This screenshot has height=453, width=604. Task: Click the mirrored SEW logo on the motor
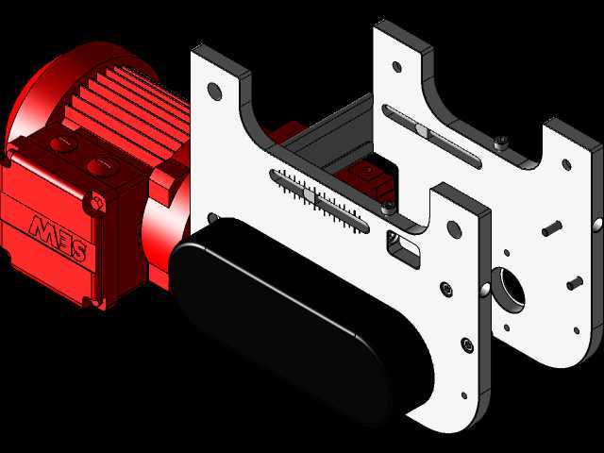click(x=59, y=237)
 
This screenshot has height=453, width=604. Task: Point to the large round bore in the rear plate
click(x=509, y=290)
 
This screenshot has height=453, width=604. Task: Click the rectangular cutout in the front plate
click(x=404, y=248)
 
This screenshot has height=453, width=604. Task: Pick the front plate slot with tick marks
click(x=319, y=201)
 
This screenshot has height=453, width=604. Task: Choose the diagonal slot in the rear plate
click(x=432, y=137)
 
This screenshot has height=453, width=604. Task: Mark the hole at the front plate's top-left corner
click(x=214, y=92)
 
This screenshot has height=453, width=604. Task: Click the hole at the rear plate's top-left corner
click(x=396, y=67)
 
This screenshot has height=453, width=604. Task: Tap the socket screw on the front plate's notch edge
click(x=388, y=208)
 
